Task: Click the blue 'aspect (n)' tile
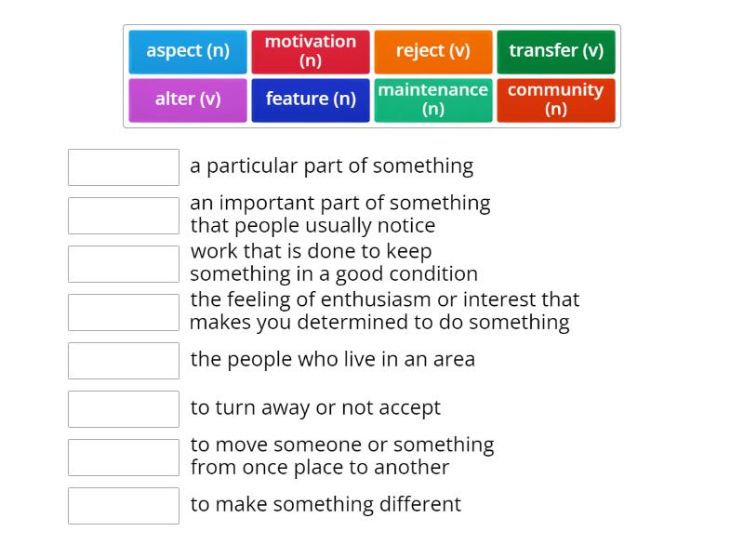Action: point(188,52)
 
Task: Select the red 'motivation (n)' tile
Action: point(311,52)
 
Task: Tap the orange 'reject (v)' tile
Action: point(433,52)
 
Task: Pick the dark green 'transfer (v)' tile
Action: point(556,52)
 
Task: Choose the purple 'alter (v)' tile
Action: point(188,100)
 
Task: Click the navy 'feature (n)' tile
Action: point(311,100)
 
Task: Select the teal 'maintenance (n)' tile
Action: point(433,100)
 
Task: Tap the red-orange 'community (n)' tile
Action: point(556,100)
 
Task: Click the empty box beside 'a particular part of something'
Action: point(124,167)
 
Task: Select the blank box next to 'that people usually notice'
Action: point(124,216)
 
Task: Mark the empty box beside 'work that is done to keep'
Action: point(124,264)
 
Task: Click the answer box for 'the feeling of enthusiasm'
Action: point(124,312)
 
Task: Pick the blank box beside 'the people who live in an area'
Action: point(124,361)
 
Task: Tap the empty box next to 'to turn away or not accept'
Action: point(124,409)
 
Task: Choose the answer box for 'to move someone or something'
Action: point(124,458)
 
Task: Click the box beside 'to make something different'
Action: point(124,506)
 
